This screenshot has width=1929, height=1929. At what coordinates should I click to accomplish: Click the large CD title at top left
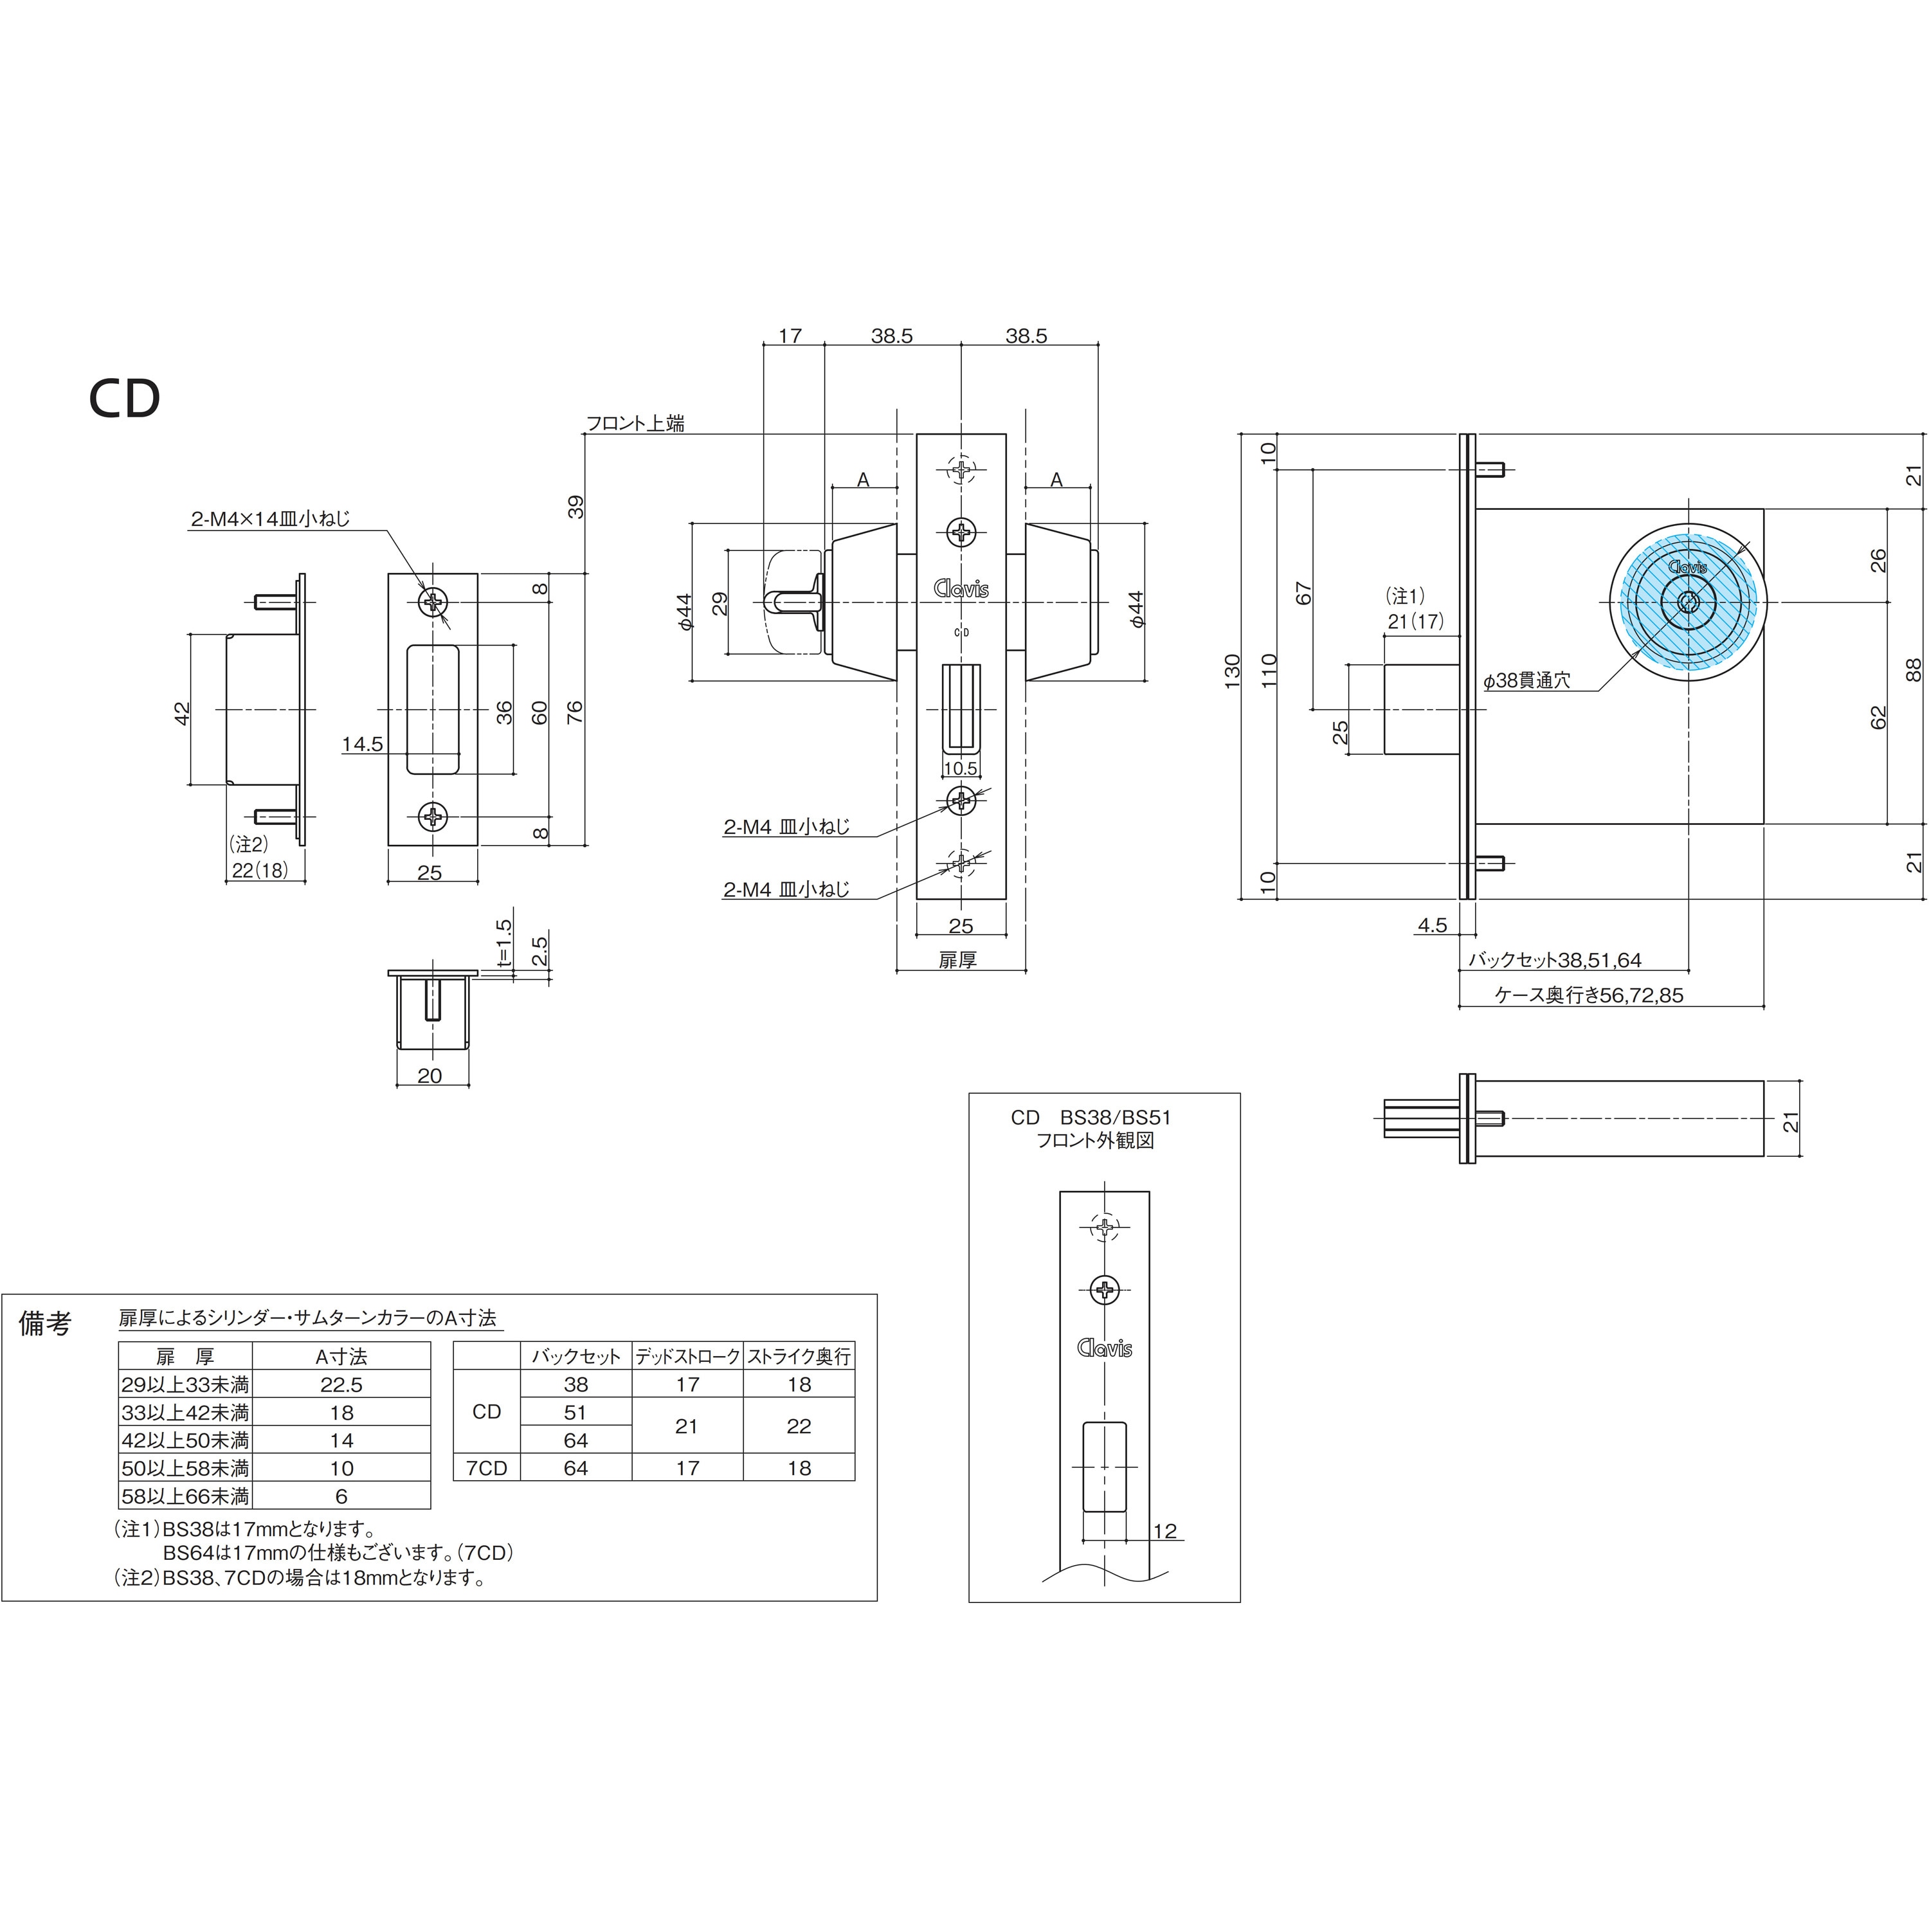coord(125,399)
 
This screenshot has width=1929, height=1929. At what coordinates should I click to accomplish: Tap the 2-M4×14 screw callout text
coord(271,519)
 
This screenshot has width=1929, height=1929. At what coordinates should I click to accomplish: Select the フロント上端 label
coord(635,423)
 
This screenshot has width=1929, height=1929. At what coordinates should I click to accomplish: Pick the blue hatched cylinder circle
coord(1687,602)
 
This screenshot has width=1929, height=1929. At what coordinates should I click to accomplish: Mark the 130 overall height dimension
coord(1232,670)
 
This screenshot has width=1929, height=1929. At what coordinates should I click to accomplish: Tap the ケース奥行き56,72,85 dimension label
coord(1588,995)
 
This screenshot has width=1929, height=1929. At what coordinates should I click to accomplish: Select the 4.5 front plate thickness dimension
coord(1432,925)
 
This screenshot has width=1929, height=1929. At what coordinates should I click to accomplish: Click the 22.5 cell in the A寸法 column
coord(341,1385)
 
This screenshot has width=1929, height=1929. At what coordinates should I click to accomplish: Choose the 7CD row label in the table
coord(486,1468)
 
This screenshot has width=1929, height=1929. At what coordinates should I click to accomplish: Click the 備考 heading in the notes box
coord(46,1324)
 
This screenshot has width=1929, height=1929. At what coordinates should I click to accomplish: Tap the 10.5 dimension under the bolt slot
coord(961,768)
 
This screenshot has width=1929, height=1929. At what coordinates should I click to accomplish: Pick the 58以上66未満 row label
coord(185,1496)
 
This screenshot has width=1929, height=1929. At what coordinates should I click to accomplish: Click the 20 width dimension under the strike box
coord(430,1075)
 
